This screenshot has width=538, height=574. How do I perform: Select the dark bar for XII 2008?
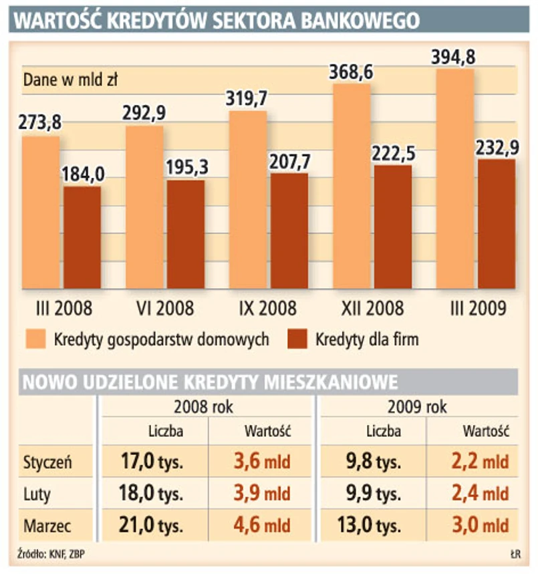[x=393, y=227]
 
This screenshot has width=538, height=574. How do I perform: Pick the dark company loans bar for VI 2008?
[x=185, y=234]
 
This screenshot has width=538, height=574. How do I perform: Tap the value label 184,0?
[x=83, y=174]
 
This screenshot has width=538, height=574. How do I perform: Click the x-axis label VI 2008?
[x=164, y=308]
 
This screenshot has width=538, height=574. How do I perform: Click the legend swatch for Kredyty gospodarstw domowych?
[x=35, y=339]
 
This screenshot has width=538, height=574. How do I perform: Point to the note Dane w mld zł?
[x=70, y=81]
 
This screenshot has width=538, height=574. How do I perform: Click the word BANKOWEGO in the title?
[x=361, y=21]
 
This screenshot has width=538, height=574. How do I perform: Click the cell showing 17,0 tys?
[x=153, y=462]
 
